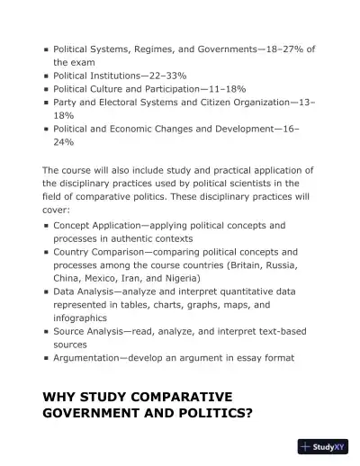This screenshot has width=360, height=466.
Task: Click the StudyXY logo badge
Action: [x=322, y=445]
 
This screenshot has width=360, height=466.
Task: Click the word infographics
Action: [x=80, y=318]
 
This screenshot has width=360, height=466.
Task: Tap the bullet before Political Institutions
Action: [x=46, y=77]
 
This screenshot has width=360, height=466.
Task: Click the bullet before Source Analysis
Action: [x=46, y=332]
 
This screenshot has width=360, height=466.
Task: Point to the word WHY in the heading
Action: [x=60, y=396]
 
